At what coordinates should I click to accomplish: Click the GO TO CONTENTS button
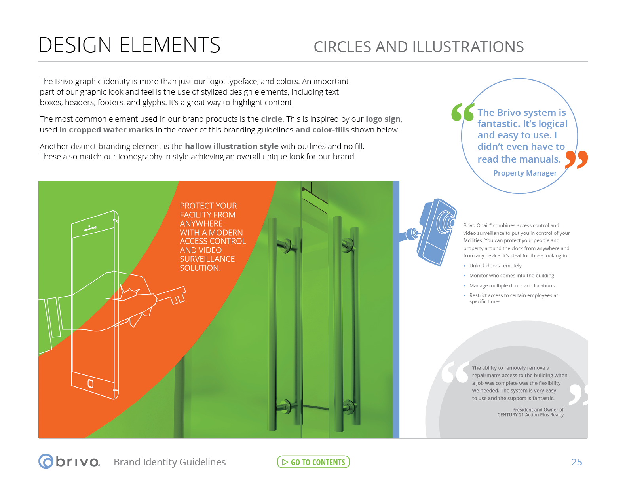(313, 462)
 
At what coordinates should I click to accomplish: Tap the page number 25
(576, 462)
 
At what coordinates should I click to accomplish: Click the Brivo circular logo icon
(46, 461)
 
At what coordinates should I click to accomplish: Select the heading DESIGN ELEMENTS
(129, 45)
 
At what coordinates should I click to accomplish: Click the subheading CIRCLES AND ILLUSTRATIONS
(418, 47)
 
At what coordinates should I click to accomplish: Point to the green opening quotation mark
(462, 112)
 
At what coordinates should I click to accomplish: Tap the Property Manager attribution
(525, 173)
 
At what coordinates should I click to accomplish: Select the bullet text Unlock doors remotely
(495, 266)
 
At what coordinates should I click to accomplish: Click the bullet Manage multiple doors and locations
(511, 285)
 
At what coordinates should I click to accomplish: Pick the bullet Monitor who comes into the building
(511, 276)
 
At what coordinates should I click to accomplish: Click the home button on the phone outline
(90, 383)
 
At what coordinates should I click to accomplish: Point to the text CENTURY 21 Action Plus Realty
(530, 415)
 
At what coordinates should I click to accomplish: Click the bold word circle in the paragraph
(272, 119)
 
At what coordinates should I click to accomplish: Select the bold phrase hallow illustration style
(232, 146)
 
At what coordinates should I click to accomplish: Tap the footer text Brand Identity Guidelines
(169, 462)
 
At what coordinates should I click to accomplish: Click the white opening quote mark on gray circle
(455, 372)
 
